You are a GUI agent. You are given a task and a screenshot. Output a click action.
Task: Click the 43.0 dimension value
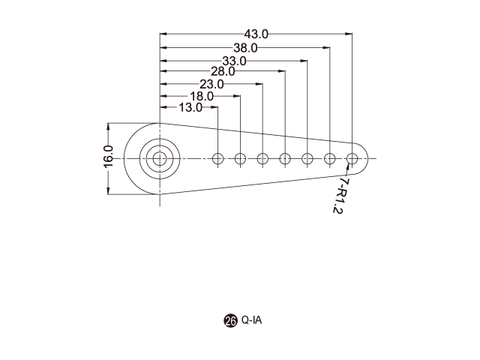tap(256, 34)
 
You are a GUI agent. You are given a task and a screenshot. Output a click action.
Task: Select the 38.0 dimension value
tap(245, 48)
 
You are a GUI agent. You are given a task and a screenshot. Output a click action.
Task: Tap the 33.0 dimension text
tap(234, 61)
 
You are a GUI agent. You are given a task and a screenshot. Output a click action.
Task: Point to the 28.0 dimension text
tap(223, 71)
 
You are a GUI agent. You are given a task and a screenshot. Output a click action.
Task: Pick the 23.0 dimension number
tap(211, 84)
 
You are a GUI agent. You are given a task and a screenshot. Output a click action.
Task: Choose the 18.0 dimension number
tap(202, 97)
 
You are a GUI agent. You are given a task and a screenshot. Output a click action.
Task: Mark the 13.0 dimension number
tap(190, 107)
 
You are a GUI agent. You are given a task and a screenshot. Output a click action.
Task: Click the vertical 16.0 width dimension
tap(108, 157)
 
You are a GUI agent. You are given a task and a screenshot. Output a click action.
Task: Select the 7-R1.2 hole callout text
tap(340, 196)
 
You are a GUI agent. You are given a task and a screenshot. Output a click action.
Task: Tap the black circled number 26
tap(230, 321)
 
